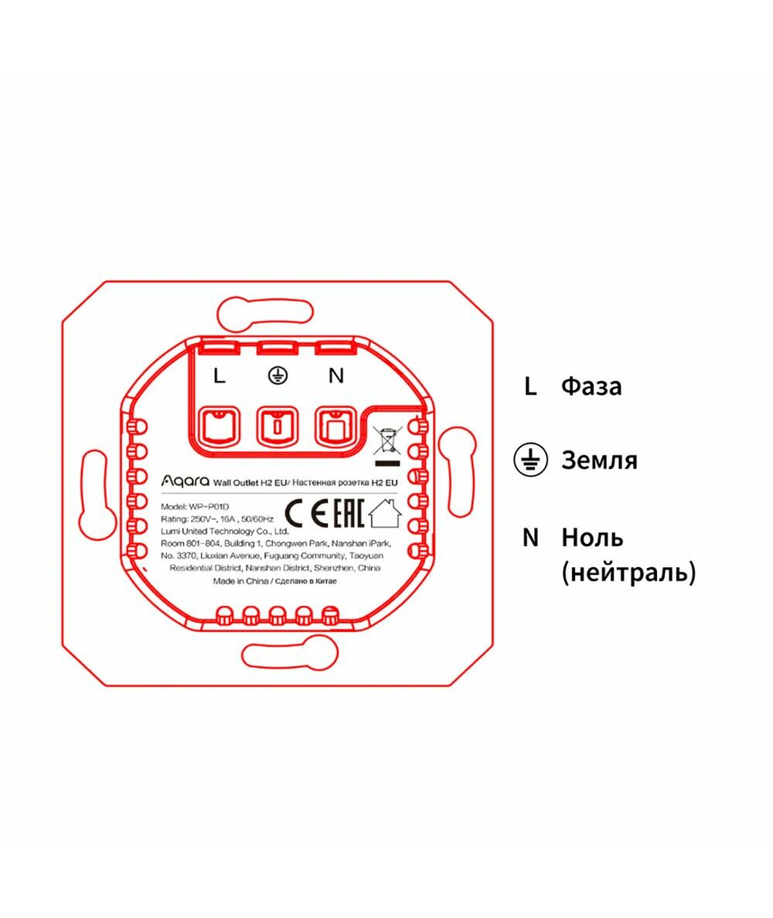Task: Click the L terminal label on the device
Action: (x=220, y=376)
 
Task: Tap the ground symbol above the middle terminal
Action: (x=278, y=376)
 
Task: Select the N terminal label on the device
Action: (x=335, y=376)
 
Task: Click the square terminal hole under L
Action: (x=219, y=427)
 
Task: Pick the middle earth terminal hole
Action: (x=278, y=427)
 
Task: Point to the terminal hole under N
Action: (x=335, y=427)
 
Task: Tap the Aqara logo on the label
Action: (x=185, y=481)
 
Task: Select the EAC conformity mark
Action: (x=349, y=514)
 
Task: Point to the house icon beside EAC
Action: (x=385, y=513)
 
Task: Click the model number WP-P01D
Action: (x=209, y=507)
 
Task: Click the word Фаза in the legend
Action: (x=591, y=386)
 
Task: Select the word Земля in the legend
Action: (x=599, y=461)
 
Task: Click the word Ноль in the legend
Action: (x=592, y=538)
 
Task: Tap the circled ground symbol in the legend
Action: (x=530, y=460)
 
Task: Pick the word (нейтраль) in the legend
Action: (x=629, y=572)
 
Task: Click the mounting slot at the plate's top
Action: (x=264, y=314)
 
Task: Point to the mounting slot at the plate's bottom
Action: (x=291, y=652)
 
